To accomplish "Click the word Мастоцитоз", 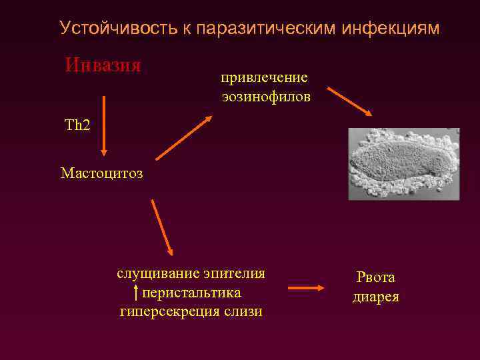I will (x=101, y=173).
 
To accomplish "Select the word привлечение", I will (x=265, y=78).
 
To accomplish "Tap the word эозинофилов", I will (x=266, y=97).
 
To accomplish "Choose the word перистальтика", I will (x=192, y=293).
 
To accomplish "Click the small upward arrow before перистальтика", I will (x=136, y=292).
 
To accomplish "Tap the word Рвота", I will (x=375, y=277).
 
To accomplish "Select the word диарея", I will (x=375, y=297).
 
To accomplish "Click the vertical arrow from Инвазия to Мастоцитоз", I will (x=105, y=125).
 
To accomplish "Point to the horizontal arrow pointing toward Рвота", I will (x=305, y=288).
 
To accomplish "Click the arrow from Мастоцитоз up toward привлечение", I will (x=184, y=138).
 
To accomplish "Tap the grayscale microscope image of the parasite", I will (x=404, y=164).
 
